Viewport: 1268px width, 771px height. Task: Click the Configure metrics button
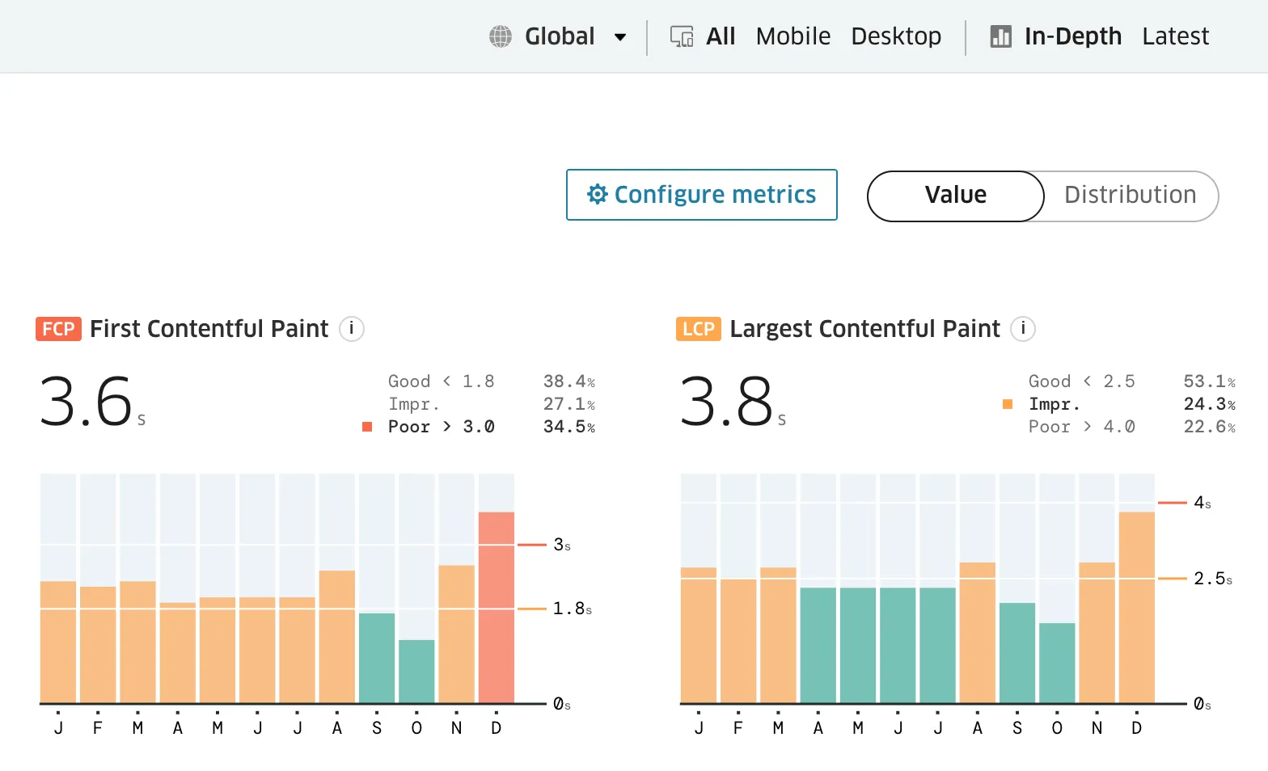tap(701, 195)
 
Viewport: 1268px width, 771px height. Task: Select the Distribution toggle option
tap(1130, 195)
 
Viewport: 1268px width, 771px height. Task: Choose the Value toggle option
tap(955, 195)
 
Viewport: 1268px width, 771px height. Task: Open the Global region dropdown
tap(559, 36)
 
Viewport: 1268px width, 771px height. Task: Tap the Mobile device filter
tap(792, 36)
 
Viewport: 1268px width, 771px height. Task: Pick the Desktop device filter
tap(896, 36)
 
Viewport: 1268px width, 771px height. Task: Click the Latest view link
tap(1175, 36)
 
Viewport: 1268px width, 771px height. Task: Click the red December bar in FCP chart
tap(496, 607)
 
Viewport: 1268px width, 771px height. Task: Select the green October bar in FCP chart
tap(416, 671)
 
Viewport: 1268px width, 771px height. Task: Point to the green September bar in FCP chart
tap(377, 658)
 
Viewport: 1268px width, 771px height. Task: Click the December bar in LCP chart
tap(1136, 607)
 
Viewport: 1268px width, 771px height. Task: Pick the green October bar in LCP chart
tap(1057, 663)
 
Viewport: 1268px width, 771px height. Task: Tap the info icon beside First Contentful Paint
tap(351, 329)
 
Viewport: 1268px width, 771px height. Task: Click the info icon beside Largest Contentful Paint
tap(1023, 329)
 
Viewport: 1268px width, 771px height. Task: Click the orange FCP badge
tap(58, 329)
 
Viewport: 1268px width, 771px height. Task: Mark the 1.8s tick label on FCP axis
tap(572, 609)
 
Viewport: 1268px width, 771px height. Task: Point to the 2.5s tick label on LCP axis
tap(1212, 579)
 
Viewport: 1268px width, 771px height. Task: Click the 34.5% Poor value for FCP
tap(568, 427)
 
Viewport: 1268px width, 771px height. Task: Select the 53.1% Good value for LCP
tap(1209, 381)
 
